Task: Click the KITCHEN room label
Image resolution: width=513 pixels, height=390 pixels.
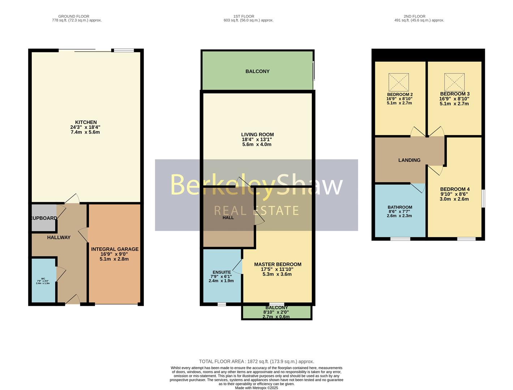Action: pos(86,122)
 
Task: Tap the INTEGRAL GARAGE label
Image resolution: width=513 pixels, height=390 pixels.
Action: pos(115,249)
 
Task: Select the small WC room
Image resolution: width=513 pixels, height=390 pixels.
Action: pos(43,281)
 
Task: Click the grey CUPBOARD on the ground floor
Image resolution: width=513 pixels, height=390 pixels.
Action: pos(44,218)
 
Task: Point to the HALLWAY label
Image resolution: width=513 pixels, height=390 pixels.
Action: pos(59,237)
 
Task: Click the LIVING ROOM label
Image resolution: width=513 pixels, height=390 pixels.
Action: pos(257,135)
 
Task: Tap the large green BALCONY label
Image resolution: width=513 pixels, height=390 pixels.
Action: pos(257,71)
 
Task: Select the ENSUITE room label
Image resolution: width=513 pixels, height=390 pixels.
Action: pos(221,272)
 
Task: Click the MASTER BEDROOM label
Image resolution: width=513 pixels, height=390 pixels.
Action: pos(277,264)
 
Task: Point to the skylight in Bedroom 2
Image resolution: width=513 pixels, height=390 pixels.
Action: pos(398,82)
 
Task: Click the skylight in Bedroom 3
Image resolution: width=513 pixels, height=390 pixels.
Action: pos(454,82)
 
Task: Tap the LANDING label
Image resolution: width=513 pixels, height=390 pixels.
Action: pos(409,160)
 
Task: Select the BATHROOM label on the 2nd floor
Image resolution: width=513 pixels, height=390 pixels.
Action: pos(400,207)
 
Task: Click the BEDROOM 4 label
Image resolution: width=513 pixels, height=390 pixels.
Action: pos(454,189)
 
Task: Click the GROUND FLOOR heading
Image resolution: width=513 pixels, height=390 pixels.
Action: pos(74,16)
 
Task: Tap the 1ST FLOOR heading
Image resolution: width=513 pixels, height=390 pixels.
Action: pos(243,16)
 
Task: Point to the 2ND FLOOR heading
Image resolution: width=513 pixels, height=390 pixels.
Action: pos(414,16)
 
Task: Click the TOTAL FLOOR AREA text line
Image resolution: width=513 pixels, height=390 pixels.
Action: pos(256,361)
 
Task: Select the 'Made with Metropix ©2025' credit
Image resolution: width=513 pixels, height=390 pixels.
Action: pos(256,388)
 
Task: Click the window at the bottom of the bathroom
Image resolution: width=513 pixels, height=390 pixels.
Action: pos(400,239)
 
